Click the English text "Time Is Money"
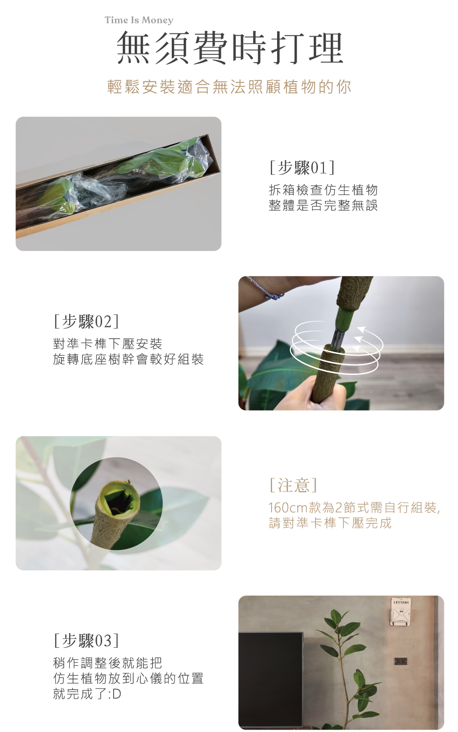[x=139, y=20]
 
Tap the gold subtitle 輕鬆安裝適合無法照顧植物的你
[x=229, y=87]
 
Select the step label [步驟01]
[x=302, y=167]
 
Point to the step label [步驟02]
[x=86, y=321]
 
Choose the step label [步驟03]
[x=86, y=640]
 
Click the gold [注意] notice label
[x=293, y=485]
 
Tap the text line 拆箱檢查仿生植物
[x=323, y=190]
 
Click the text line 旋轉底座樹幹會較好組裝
[x=129, y=359]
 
